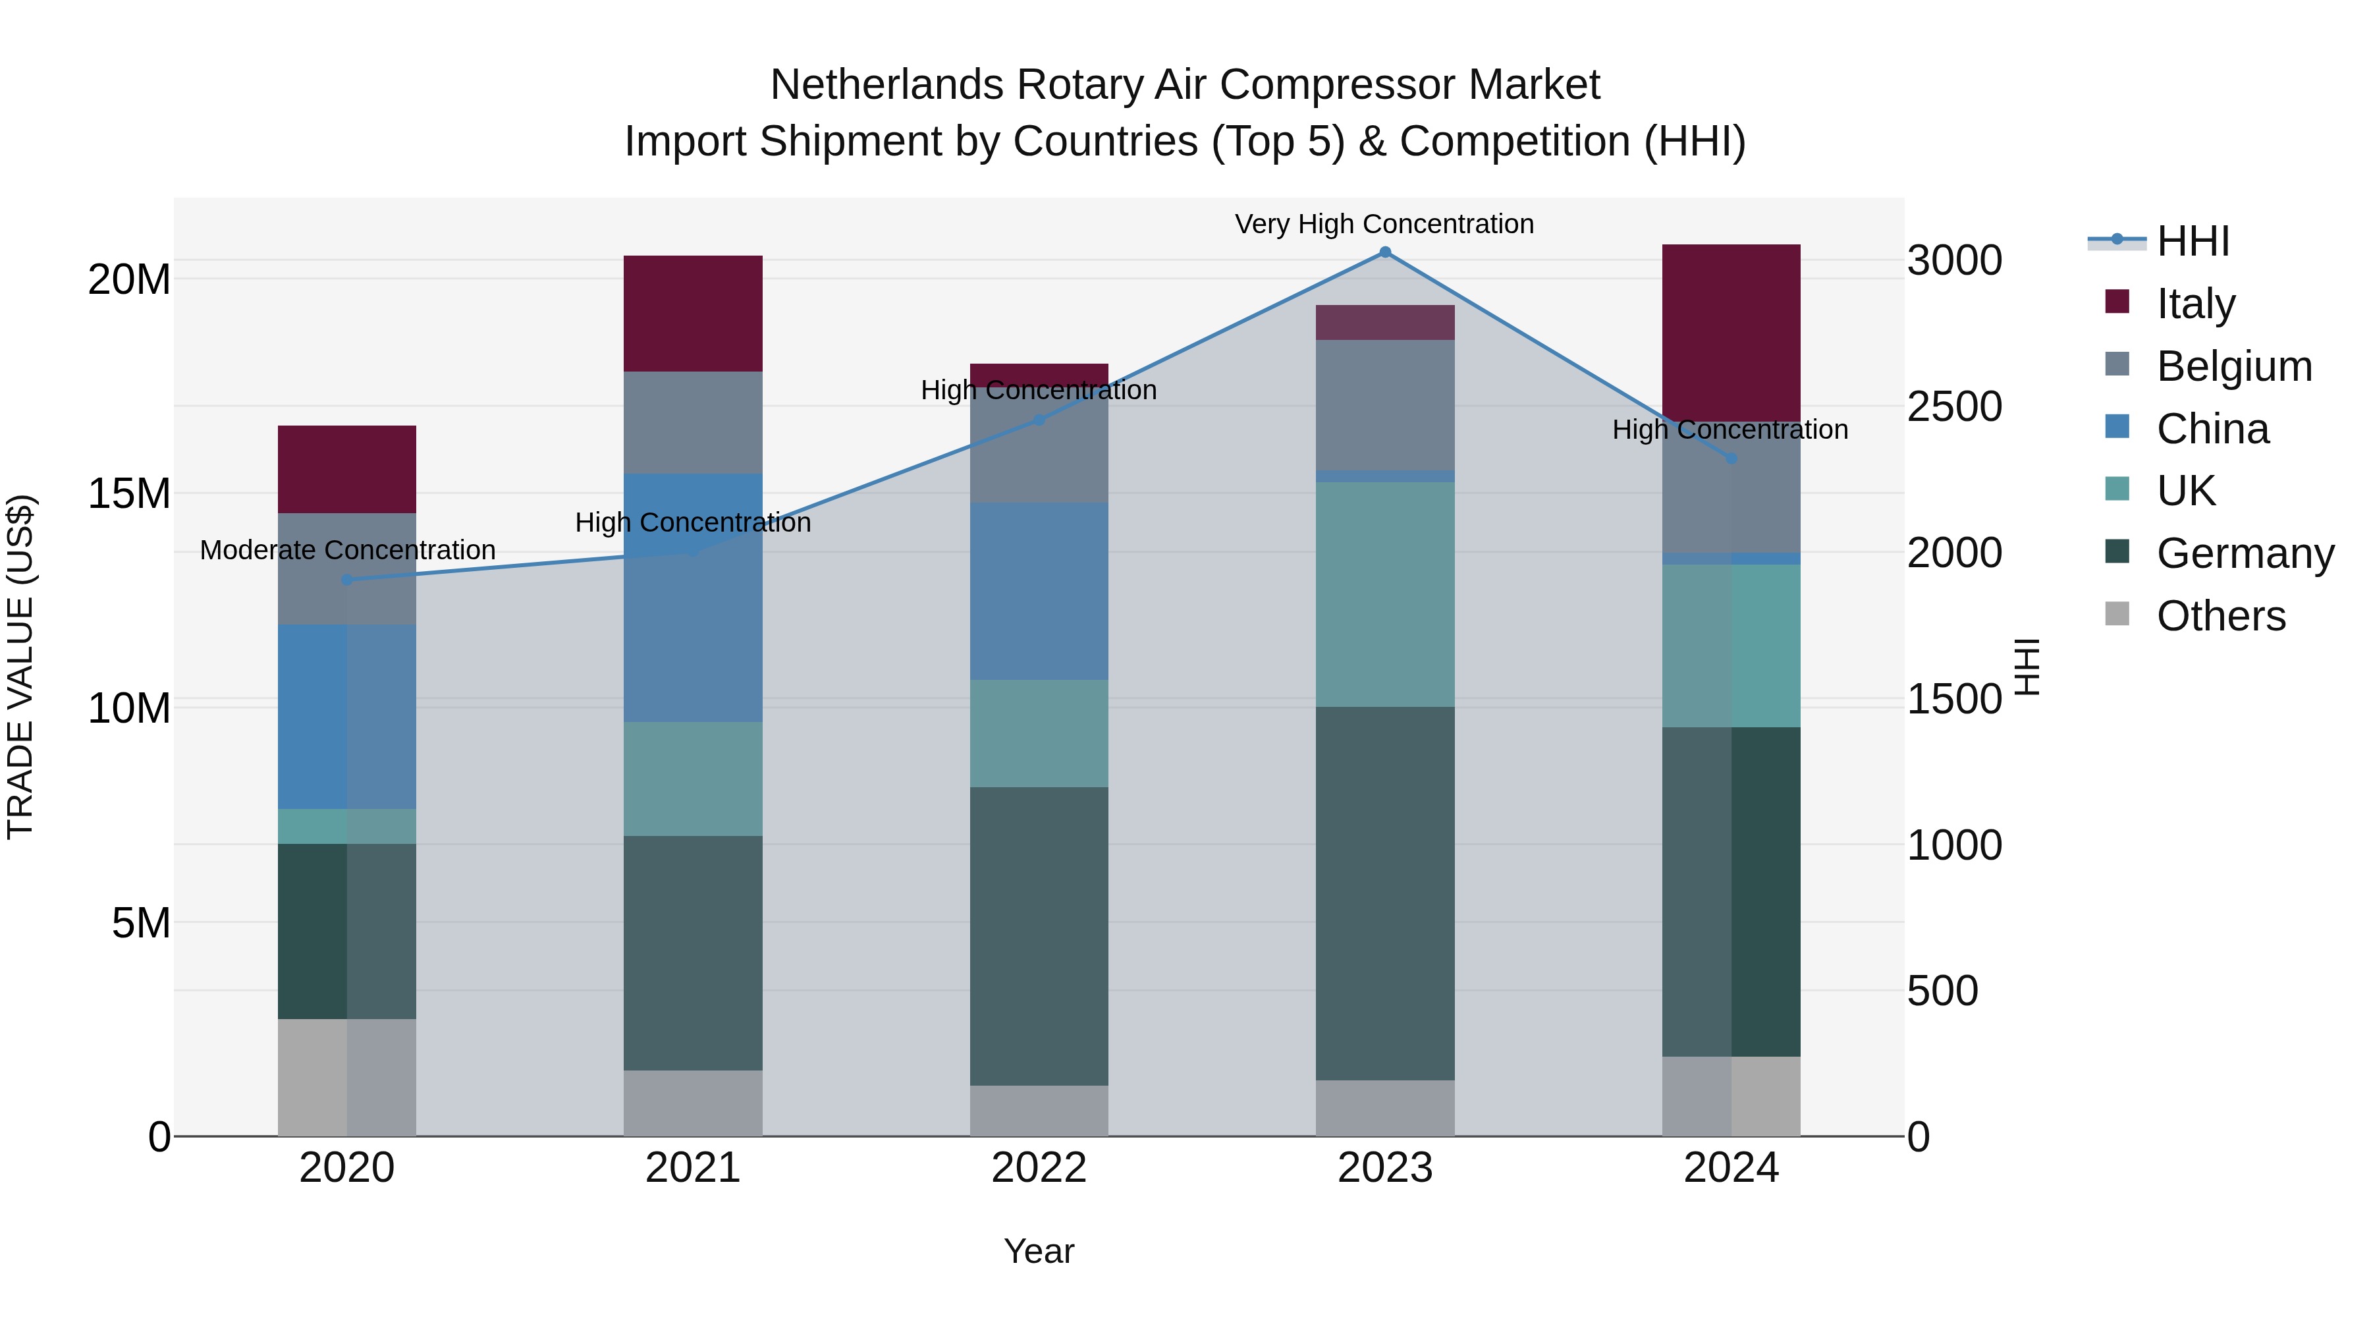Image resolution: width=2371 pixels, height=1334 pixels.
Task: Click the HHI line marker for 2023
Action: click(x=1384, y=252)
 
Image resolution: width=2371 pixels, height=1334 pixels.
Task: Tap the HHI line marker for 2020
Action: click(x=347, y=580)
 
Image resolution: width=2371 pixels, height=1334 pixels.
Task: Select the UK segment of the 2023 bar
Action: click(x=1384, y=595)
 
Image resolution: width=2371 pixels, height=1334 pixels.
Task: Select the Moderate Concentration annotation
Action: click(x=347, y=551)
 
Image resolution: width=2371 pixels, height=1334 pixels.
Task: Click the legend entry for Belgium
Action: click(x=2234, y=366)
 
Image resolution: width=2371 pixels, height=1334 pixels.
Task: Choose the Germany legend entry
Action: click(x=2245, y=553)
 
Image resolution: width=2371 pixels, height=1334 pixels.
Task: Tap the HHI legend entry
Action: click(x=2193, y=241)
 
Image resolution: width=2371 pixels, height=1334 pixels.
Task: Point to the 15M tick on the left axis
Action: click(x=129, y=493)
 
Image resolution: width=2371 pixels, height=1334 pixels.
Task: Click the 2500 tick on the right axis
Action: click(x=1954, y=407)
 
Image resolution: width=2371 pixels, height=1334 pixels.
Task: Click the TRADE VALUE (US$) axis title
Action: click(x=20, y=667)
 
